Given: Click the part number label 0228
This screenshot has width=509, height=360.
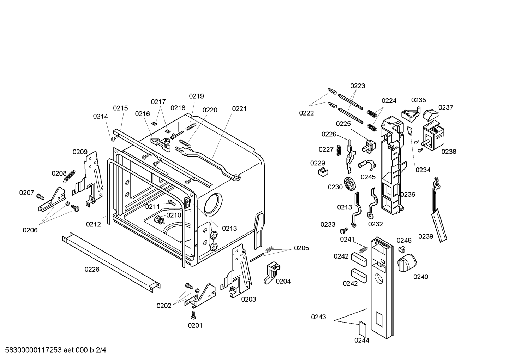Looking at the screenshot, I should pos(92,270).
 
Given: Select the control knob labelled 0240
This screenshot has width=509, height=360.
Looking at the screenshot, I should pos(407,262).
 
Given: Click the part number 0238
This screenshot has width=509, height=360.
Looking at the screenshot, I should pos(449,152).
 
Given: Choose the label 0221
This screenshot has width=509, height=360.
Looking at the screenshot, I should pos(239,109).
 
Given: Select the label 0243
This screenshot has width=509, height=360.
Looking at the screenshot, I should pos(318,317).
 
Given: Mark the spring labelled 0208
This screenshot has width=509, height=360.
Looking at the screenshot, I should pos(70,176).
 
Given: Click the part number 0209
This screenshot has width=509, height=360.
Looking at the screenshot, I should pos(80,152).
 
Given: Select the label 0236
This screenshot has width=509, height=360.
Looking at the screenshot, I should pos(408,194).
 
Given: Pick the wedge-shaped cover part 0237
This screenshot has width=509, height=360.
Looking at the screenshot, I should pos(430,114).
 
